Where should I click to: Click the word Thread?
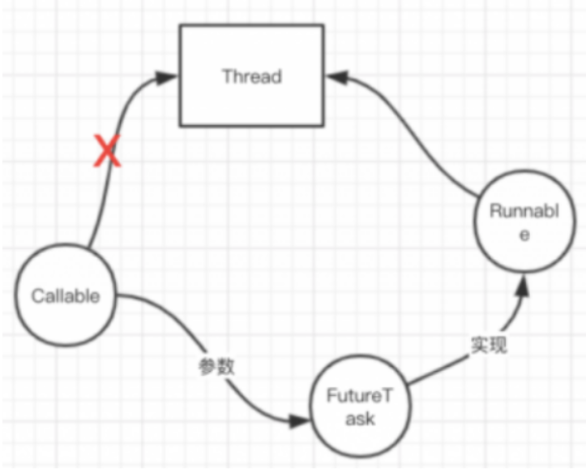[x=251, y=77]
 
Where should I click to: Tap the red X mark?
[x=107, y=152]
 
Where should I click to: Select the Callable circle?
[x=66, y=295]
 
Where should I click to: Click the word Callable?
[x=66, y=295]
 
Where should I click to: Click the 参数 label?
[x=216, y=366]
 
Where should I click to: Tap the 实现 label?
[x=489, y=345]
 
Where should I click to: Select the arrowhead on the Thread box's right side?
[x=336, y=78]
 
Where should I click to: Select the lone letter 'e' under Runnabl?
[x=524, y=235]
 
